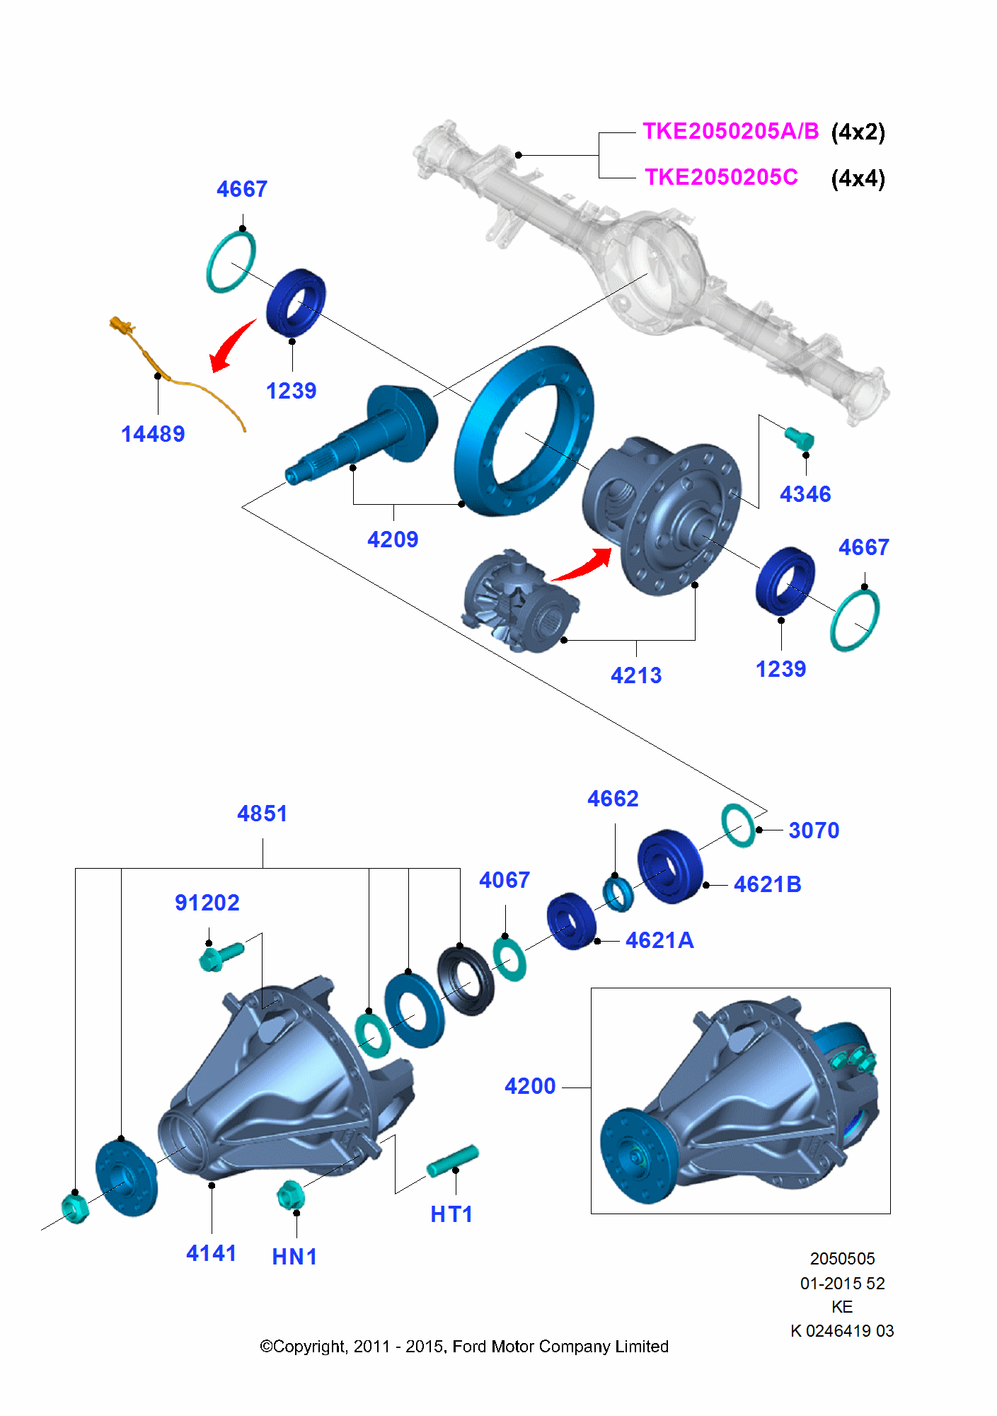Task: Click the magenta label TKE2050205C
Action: [x=720, y=177]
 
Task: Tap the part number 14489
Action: [x=153, y=434]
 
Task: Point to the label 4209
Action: [x=393, y=539]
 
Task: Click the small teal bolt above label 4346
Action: [x=800, y=438]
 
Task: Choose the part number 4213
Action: [x=636, y=675]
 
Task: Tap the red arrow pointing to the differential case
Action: [x=584, y=566]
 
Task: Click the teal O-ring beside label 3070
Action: [x=737, y=825]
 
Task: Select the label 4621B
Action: [x=767, y=884]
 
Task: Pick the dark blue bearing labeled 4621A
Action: [x=571, y=920]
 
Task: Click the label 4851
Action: [x=263, y=813]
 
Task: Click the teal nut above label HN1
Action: [x=289, y=1195]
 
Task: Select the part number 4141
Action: [x=211, y=1253]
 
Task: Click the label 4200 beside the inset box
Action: [x=530, y=1086]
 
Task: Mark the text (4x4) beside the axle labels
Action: [x=858, y=178]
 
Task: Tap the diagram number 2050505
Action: [x=842, y=1259]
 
